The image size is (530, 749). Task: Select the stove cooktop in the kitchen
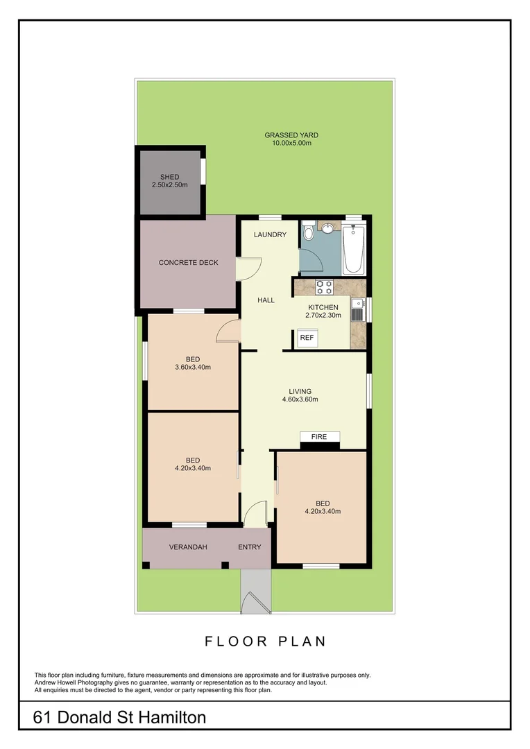[x=324, y=286]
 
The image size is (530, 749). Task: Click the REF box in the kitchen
[x=307, y=338]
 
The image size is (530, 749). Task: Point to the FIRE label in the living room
[x=319, y=437]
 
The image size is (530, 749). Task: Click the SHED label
[x=169, y=178]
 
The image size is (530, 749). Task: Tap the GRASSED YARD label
[x=291, y=135]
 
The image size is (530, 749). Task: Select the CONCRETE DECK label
[x=189, y=262]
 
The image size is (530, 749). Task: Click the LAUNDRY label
[x=270, y=234]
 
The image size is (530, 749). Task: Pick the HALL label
[x=266, y=300]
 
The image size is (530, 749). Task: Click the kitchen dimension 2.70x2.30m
[x=323, y=316]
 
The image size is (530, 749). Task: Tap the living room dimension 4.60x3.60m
[x=300, y=399]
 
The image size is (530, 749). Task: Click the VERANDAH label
[x=188, y=547]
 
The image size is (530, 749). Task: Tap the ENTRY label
[x=250, y=547]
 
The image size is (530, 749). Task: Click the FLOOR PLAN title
[x=265, y=642]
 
